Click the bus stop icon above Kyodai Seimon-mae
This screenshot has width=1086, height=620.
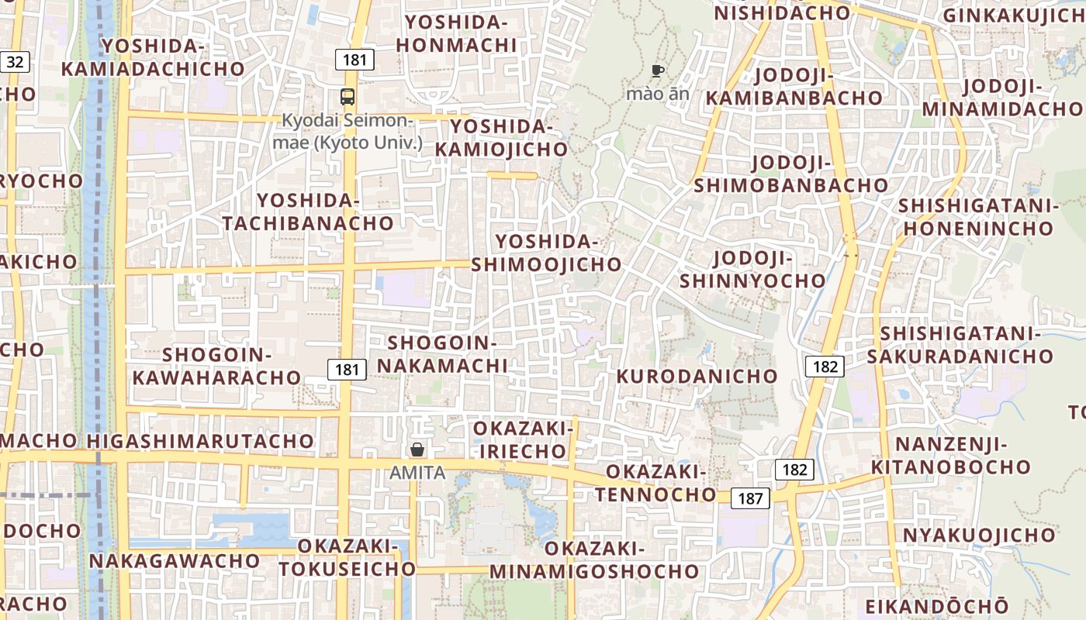[348, 97]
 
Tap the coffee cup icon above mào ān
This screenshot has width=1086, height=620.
[658, 71]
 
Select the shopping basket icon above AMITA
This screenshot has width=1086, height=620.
[417, 449]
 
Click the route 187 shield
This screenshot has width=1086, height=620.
[750, 498]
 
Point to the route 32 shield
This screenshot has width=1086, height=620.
[15, 62]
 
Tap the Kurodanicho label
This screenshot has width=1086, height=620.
[697, 376]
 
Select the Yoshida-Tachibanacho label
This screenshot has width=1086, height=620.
[308, 212]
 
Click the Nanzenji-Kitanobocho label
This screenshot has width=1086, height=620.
[950, 456]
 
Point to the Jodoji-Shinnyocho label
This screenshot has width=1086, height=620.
[752, 269]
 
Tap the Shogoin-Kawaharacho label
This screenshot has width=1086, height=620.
[216, 366]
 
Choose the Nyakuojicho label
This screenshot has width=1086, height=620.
[978, 535]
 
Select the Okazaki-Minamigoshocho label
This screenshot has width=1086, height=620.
[594, 560]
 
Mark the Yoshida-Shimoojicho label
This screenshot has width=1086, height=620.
[546, 253]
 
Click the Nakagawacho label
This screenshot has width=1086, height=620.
[175, 560]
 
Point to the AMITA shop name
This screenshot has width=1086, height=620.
[417, 472]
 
